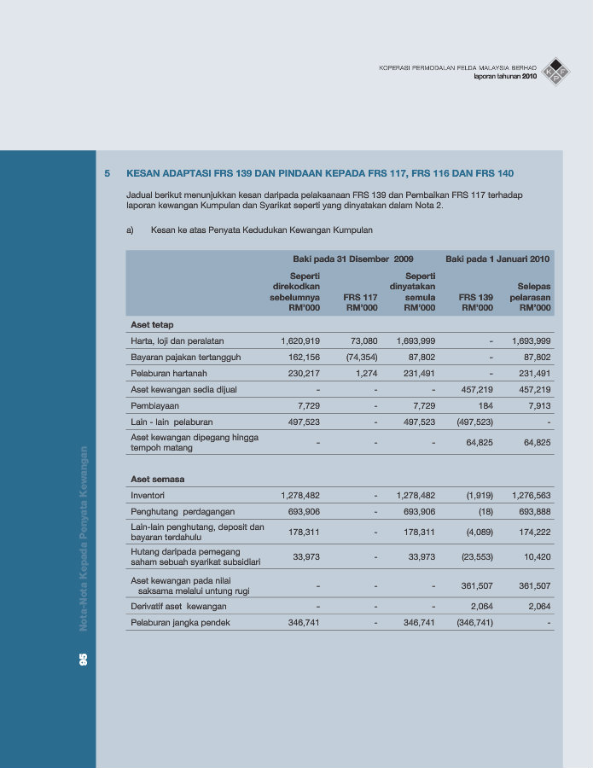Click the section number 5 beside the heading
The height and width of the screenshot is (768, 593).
108,173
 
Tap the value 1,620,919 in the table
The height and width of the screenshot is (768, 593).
299,340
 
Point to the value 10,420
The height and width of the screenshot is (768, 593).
535,556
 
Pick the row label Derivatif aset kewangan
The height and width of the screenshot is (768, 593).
178,606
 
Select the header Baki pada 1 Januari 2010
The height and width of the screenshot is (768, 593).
497,258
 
